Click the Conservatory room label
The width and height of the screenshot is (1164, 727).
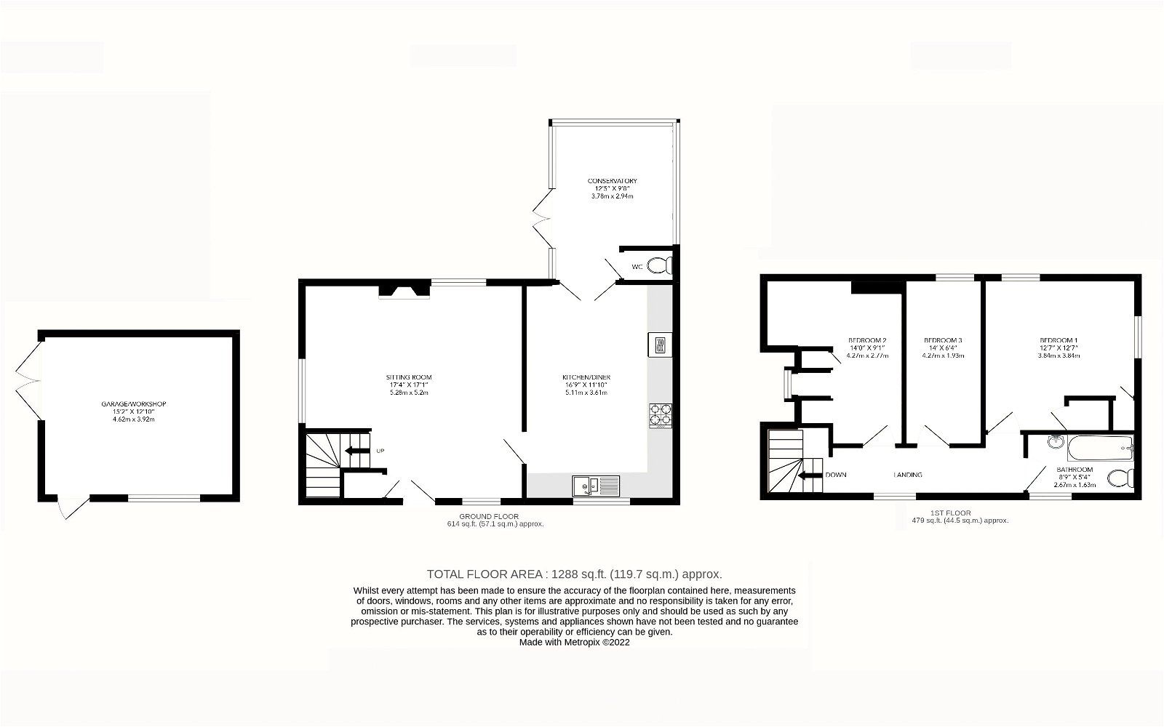point(613,180)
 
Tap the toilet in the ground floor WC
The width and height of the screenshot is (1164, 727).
point(661,267)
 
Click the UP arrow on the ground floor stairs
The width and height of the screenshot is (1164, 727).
point(357,451)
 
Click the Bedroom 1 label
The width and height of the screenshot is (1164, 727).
point(1059,340)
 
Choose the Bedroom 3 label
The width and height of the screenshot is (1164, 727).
point(943,340)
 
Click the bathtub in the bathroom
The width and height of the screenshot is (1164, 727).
point(1101,448)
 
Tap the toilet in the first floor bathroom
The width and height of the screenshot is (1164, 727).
point(1120,478)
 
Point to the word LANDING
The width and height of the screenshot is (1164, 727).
point(908,475)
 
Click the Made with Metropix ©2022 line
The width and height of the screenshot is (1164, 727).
point(574,643)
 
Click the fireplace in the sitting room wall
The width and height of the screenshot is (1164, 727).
point(404,292)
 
